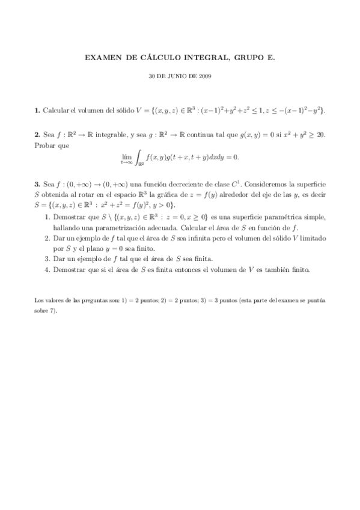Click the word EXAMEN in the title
pyautogui.click(x=103, y=58)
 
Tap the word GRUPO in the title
pyautogui.click(x=245, y=58)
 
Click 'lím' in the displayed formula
pyautogui.click(x=126, y=155)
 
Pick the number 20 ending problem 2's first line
pyautogui.click(x=319, y=135)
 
